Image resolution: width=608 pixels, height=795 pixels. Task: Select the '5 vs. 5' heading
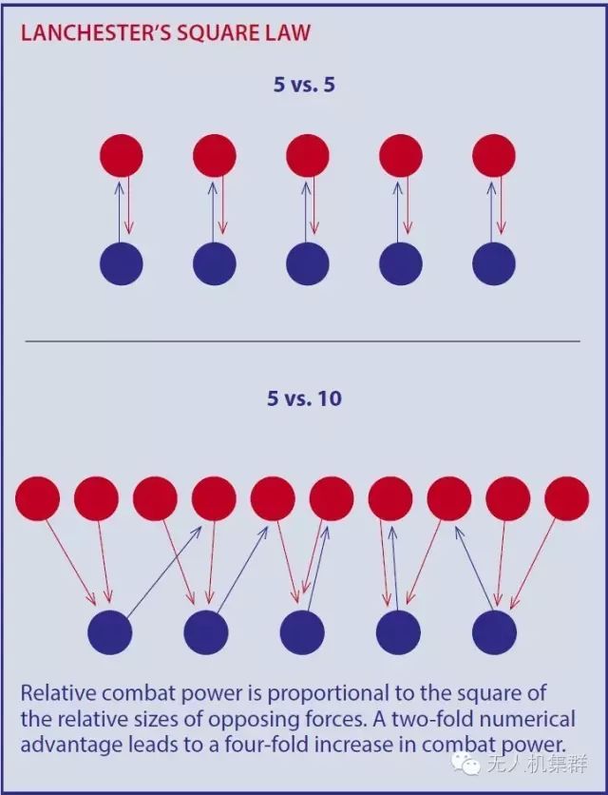(304, 85)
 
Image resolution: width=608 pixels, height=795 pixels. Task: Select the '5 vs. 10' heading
(304, 397)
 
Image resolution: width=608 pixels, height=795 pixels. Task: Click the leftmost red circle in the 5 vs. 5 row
(122, 155)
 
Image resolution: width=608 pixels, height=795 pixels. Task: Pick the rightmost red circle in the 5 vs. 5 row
(494, 155)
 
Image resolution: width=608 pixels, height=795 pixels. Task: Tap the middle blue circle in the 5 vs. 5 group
(308, 263)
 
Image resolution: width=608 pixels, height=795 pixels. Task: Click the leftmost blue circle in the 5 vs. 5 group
(122, 263)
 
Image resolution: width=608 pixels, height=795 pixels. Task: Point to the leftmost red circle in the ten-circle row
(38, 498)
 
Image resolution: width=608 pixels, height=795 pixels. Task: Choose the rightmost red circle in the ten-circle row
(567, 498)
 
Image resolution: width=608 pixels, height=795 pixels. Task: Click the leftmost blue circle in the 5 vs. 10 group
(110, 632)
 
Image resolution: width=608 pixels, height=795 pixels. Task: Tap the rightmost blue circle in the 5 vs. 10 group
(494, 632)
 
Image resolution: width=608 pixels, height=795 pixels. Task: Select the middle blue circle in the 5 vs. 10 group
(303, 632)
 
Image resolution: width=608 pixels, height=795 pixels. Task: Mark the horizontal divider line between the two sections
(302, 340)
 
